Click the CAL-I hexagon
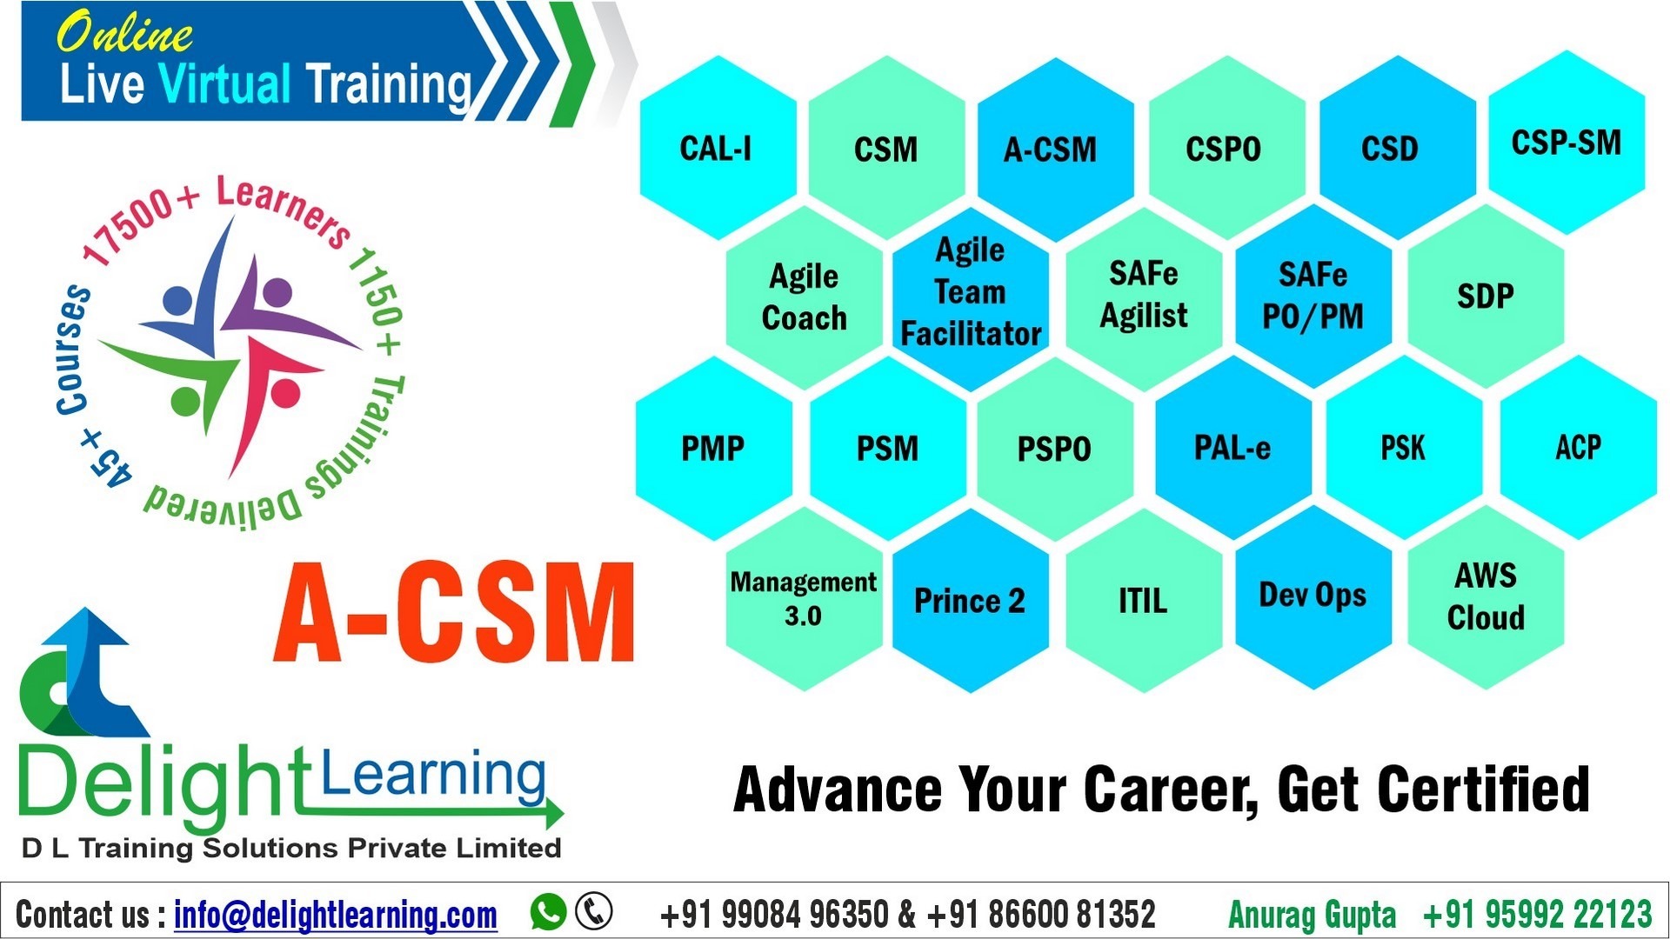pos(717,148)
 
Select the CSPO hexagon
pos(1223,148)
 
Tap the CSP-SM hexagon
pos(1566,143)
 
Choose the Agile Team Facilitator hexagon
pos(970,292)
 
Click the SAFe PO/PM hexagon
pos(1313,296)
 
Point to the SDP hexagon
pos(1485,296)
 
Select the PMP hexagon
pos(713,449)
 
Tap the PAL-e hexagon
pos(1232,448)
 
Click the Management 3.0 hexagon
pos(803,598)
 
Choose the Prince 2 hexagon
pos(969,600)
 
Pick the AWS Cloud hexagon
pos(1485,596)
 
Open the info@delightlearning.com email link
pos(336,915)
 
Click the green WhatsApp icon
pos(548,912)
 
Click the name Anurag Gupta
pos(1312,915)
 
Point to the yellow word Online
pos(124,33)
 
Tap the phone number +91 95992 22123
pos(1537,915)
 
